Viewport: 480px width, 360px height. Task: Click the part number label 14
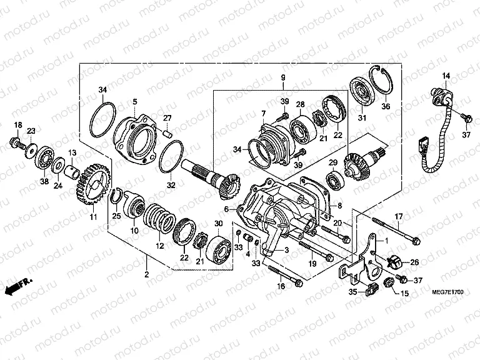[x=446, y=76]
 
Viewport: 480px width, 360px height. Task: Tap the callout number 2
[x=147, y=276]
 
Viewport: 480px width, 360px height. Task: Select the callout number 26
[x=413, y=262]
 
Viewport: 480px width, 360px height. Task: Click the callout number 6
[x=226, y=209]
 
